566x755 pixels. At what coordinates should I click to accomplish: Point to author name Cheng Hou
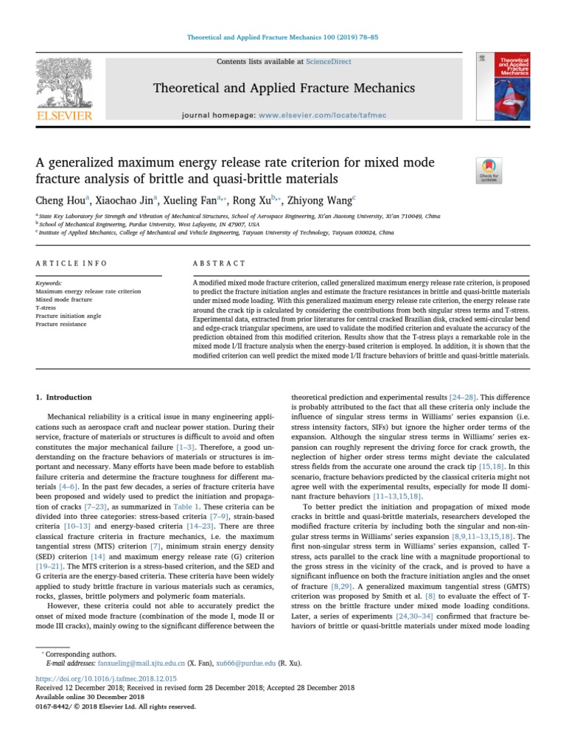point(61,199)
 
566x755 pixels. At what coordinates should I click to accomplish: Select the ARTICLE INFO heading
point(71,263)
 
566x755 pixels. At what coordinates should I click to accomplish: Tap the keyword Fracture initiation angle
point(67,316)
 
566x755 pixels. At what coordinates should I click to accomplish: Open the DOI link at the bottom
point(106,678)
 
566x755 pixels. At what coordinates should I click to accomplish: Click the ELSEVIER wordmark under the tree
point(64,116)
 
